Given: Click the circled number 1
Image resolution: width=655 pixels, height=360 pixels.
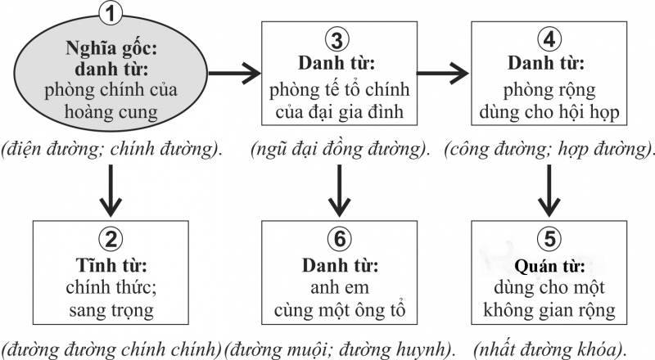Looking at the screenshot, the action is pyautogui.click(x=111, y=14).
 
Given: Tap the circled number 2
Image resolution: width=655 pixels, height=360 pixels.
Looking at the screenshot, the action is pyautogui.click(x=111, y=239).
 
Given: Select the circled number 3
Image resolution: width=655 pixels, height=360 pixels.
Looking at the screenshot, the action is pyautogui.click(x=337, y=40).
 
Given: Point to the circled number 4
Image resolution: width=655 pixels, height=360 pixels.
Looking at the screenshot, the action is pyautogui.click(x=549, y=39).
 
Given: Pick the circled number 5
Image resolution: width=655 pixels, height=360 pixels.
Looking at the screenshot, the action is pyautogui.click(x=549, y=239).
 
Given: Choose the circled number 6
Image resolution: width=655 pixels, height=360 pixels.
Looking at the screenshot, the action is pyautogui.click(x=339, y=239).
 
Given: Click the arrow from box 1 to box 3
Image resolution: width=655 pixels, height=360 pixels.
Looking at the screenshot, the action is pyautogui.click(x=234, y=74).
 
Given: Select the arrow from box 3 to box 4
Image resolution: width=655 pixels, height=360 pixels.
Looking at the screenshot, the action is pyautogui.click(x=443, y=74).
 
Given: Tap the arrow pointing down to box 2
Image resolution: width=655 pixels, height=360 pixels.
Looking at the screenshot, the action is pyautogui.click(x=111, y=191).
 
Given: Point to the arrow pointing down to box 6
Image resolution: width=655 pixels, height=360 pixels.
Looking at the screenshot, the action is pyautogui.click(x=339, y=191).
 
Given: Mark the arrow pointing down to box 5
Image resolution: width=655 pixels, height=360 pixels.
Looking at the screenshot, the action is pyautogui.click(x=549, y=191).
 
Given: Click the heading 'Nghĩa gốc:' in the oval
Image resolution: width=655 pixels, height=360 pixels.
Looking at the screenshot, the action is pyautogui.click(x=111, y=48).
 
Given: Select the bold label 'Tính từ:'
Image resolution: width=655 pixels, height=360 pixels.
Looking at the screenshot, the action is pyautogui.click(x=111, y=265).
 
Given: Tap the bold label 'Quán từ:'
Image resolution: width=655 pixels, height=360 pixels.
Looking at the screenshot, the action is pyautogui.click(x=549, y=266).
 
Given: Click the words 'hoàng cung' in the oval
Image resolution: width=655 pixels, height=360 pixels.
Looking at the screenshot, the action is pyautogui.click(x=111, y=112).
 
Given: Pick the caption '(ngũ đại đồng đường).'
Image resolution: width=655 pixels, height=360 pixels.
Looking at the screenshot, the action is pyautogui.click(x=340, y=150).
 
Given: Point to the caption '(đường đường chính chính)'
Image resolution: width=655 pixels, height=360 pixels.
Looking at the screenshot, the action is pyautogui.click(x=111, y=349).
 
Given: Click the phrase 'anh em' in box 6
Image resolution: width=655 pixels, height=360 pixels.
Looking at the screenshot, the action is pyautogui.click(x=340, y=288).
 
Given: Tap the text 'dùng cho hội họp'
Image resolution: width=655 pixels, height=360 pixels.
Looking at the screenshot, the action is pyautogui.click(x=549, y=112).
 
